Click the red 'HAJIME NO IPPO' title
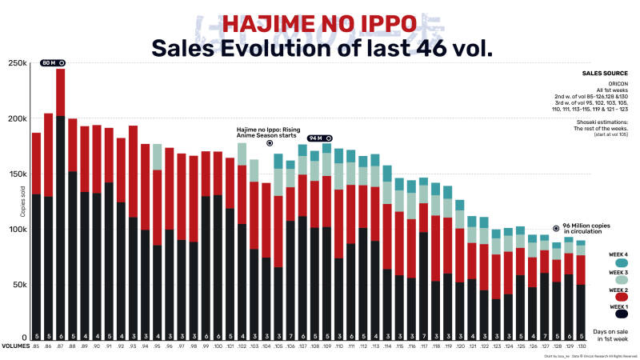point(321,22)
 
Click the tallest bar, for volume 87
point(60,200)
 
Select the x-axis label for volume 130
point(582,346)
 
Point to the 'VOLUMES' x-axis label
point(14,346)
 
